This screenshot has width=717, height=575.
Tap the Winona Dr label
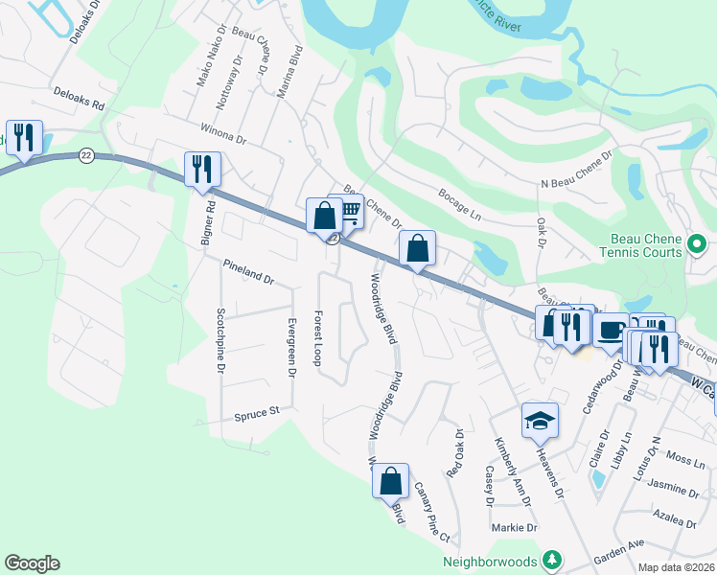pos(223,133)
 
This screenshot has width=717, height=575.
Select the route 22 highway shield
pos(86,155)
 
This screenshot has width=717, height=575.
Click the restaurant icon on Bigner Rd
pos(202,170)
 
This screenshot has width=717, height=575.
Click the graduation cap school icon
pos(540,420)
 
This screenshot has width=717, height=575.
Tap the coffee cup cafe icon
pos(610,329)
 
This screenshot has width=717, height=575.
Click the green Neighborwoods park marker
pos(552,560)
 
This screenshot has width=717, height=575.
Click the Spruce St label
pos(256,414)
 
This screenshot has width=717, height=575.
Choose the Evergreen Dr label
pos(291,340)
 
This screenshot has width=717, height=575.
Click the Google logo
pos(32,563)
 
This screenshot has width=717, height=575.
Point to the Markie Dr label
pos(515,528)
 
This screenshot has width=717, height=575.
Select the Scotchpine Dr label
pos(220,340)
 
